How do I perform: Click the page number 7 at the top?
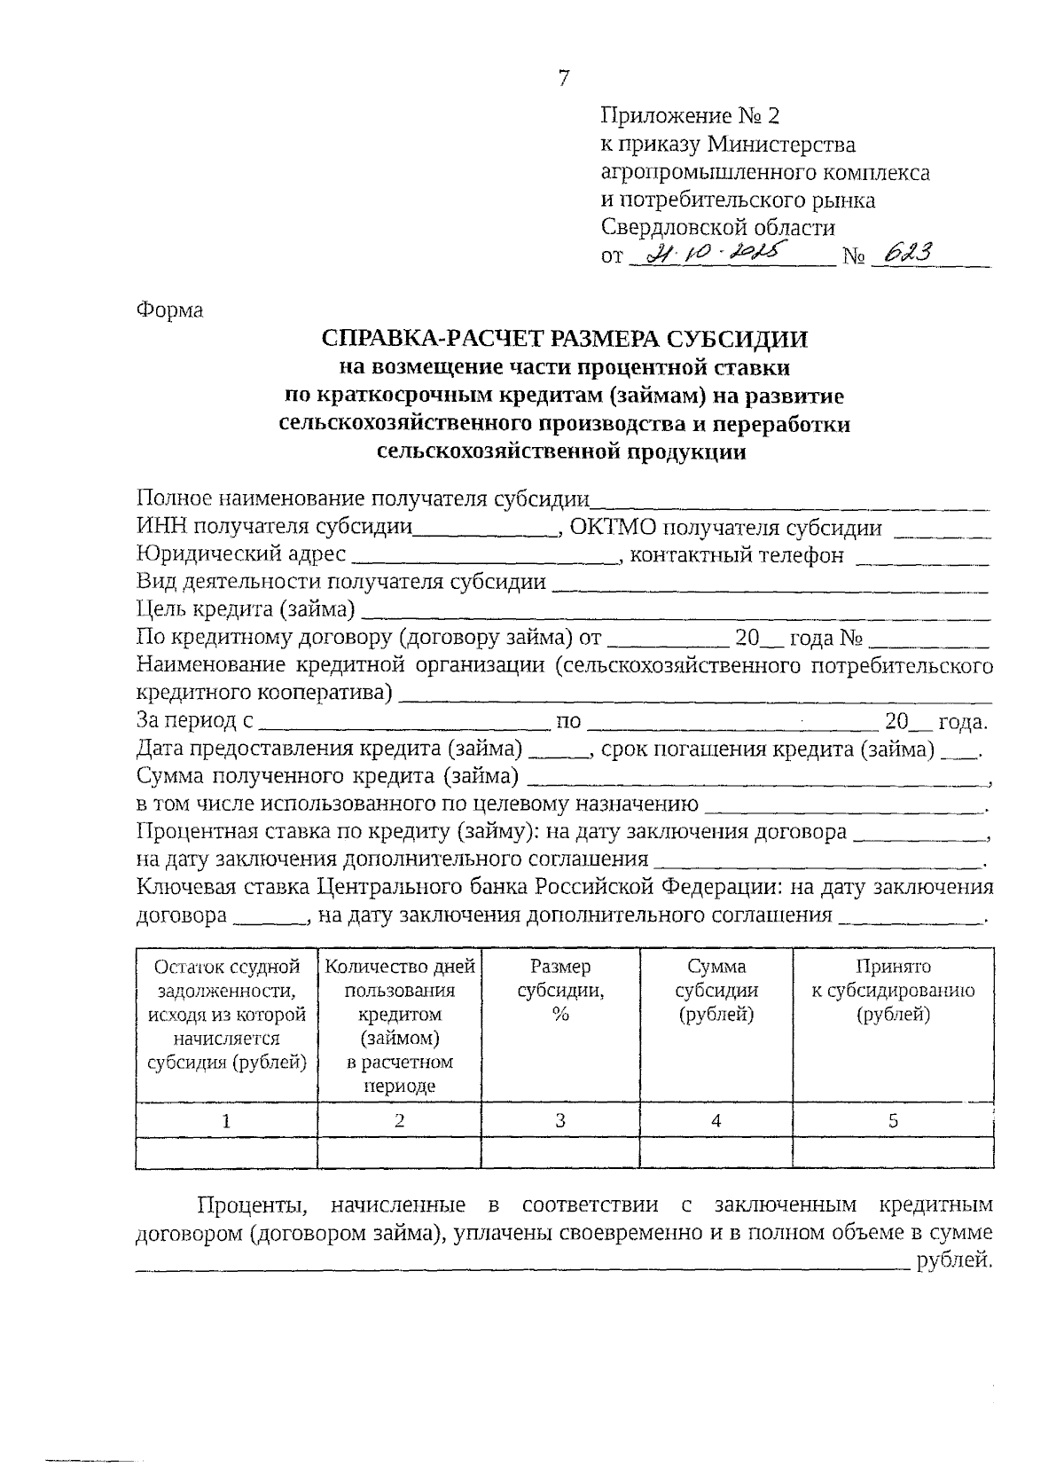tap(563, 78)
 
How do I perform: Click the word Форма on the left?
tap(169, 310)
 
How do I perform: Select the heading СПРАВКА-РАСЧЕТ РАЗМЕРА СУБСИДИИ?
tap(565, 339)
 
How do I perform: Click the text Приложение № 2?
tap(692, 116)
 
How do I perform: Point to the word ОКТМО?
tap(613, 529)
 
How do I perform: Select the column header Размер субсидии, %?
tap(559, 991)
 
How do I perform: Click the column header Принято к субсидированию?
tap(893, 991)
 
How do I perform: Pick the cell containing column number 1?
tap(226, 1120)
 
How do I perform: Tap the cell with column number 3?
tap(559, 1120)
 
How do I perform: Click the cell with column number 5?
tap(893, 1120)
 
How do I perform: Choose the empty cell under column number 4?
tap(716, 1152)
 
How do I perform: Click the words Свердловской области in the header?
tap(717, 227)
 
